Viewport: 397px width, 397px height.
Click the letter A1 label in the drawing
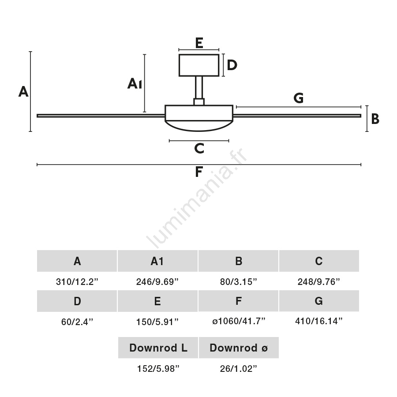[x=135, y=83]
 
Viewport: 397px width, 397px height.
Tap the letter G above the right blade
[x=299, y=98]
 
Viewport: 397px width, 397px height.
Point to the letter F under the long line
[x=199, y=172]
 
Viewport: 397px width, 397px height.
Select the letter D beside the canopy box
[x=232, y=65]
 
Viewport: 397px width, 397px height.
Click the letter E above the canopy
[x=199, y=43]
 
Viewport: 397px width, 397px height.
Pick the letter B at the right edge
[x=375, y=119]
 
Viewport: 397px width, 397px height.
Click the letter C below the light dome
[x=199, y=149]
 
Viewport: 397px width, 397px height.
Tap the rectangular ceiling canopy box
[x=199, y=65]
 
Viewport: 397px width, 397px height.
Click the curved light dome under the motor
[x=199, y=126]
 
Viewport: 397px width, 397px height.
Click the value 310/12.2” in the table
[x=77, y=282]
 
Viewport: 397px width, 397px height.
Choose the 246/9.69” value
[x=157, y=282]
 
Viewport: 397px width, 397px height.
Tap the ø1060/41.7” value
[x=239, y=322]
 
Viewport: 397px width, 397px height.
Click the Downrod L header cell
[x=158, y=348]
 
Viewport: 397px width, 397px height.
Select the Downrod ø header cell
[x=239, y=348]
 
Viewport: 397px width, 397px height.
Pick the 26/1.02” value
[x=239, y=369]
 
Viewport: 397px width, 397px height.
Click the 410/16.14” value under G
[x=319, y=322]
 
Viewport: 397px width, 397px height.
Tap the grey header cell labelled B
[x=239, y=261]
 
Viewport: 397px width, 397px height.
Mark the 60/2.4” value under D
[x=77, y=322]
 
